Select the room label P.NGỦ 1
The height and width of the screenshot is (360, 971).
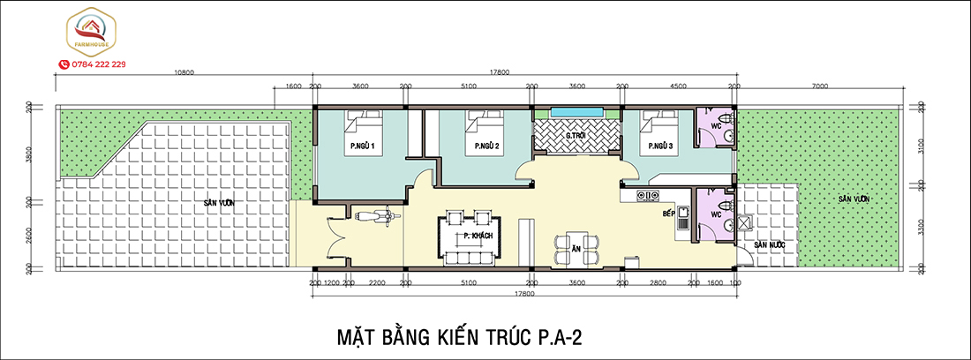pos(363,146)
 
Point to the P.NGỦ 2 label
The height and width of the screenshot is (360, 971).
pos(486,146)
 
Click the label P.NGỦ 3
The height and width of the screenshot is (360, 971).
pos(661,146)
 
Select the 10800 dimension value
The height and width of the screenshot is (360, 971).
pos(184,72)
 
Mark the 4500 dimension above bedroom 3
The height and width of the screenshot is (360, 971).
pos(678,86)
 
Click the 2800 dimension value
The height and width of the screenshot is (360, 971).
pos(658,284)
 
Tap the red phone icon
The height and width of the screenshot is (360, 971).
pos(64,64)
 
